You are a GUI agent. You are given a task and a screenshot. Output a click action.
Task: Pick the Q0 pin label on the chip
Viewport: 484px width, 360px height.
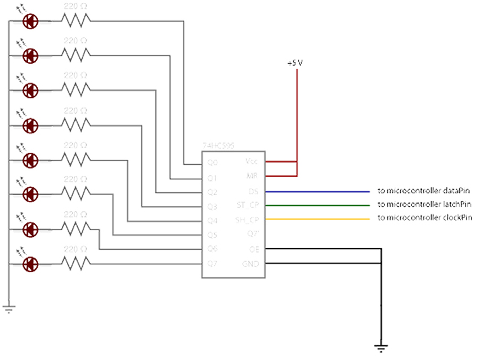(x=212, y=163)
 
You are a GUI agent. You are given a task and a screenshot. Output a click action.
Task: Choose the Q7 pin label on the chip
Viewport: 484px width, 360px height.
(x=212, y=263)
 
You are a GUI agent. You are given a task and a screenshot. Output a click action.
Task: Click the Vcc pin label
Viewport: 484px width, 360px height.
(x=252, y=161)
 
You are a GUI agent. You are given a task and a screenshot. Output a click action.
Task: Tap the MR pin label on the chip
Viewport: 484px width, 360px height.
(x=252, y=176)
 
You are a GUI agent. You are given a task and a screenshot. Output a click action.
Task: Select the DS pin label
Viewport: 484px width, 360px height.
(x=253, y=192)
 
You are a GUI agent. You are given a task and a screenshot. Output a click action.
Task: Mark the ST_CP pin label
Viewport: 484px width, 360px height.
(x=248, y=205)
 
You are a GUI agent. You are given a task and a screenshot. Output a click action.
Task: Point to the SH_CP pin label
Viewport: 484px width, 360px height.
(x=248, y=219)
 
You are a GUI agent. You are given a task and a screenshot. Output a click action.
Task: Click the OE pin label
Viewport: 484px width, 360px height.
(x=253, y=248)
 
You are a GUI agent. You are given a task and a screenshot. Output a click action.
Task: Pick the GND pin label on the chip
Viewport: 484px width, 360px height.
(x=250, y=263)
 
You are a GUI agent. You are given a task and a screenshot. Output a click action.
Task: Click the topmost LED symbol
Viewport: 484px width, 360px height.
(x=31, y=21)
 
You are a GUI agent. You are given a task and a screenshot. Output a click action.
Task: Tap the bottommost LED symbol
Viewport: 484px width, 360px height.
(x=31, y=263)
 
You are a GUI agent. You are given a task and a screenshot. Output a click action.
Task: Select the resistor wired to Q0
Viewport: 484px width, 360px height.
(x=75, y=21)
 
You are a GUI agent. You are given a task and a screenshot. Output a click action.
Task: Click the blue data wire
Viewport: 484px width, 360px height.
(x=315, y=192)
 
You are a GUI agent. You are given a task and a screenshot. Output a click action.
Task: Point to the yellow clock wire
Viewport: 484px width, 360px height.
(x=315, y=219)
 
